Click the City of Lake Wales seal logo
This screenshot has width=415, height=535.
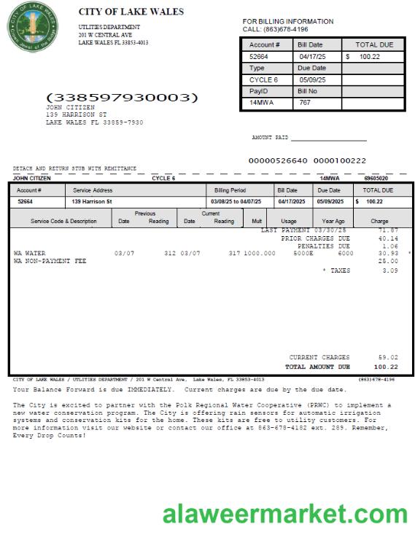click(x=31, y=28)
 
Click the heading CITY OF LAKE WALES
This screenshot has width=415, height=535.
click(x=131, y=12)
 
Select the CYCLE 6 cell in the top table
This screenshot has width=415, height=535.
click(x=263, y=79)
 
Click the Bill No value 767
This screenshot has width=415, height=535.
click(x=305, y=103)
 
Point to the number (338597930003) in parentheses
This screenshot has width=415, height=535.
click(x=122, y=97)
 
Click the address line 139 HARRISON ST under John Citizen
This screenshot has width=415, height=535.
click(x=76, y=114)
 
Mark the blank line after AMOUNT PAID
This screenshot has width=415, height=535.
click(x=328, y=139)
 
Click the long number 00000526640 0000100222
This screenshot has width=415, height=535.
click(x=307, y=160)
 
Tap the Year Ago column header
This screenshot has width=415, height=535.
click(x=333, y=221)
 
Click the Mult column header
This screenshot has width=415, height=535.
click(x=257, y=221)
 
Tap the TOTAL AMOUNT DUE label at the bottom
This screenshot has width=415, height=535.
click(x=317, y=367)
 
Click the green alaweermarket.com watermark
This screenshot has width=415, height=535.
click(x=285, y=513)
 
